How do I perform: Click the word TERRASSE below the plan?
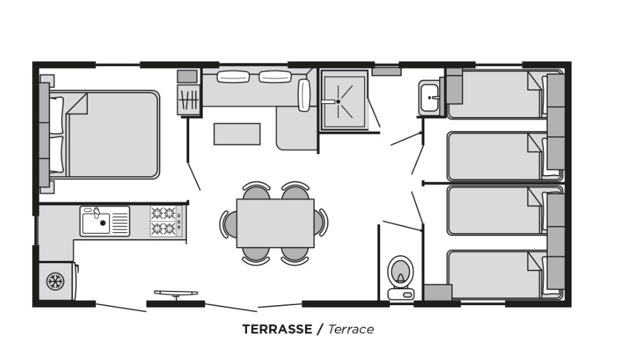tap(277, 329)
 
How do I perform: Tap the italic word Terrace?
tap(351, 329)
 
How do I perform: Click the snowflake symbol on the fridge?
tap(55, 281)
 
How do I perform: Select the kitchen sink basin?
tap(95, 224)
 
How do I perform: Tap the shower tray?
tap(344, 100)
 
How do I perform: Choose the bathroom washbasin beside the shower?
tap(430, 97)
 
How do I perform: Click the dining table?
tap(275, 223)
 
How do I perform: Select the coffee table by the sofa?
tap(237, 134)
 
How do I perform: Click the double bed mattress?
tap(113, 134)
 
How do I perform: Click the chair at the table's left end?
tap(229, 224)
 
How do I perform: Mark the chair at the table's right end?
tap(321, 223)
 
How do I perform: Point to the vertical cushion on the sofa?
tap(304, 95)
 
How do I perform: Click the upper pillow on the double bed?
tap(56, 116)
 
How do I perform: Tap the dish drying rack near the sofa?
tap(189, 100)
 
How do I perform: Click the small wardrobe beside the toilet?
tap(438, 292)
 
